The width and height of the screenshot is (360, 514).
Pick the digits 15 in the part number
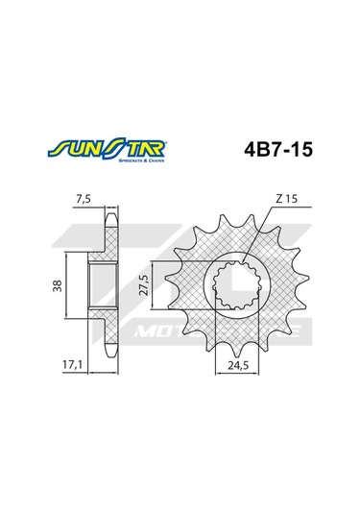[300, 151]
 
